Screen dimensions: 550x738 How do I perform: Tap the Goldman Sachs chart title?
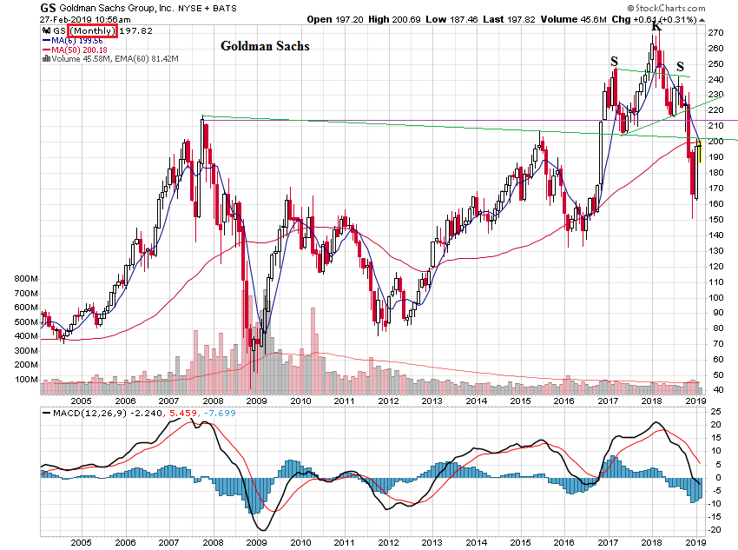click(264, 46)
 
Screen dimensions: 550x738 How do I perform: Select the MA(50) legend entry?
click(81, 50)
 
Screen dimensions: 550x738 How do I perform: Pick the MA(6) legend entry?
click(78, 40)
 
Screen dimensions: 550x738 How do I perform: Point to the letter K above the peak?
click(656, 27)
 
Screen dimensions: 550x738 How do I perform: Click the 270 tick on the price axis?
click(715, 32)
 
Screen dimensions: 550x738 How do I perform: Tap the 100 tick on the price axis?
click(715, 297)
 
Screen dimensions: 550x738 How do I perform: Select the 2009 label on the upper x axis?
click(256, 401)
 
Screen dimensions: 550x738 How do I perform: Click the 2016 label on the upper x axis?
click(563, 401)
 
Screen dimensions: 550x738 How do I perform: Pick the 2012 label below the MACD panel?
click(387, 543)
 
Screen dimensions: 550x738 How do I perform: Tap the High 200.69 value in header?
click(413, 17)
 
